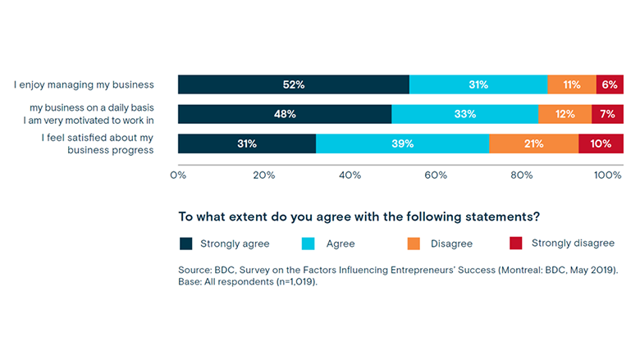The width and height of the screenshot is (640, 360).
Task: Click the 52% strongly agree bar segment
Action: tap(294, 84)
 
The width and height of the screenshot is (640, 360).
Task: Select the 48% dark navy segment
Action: tap(285, 114)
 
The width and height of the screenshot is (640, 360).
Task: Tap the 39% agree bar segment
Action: tap(402, 144)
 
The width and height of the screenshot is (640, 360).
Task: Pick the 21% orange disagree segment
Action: tap(533, 144)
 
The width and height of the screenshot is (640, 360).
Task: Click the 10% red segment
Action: tap(601, 144)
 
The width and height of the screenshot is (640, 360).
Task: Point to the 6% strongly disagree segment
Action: tap(610, 84)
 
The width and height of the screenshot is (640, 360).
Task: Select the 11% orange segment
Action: tap(572, 84)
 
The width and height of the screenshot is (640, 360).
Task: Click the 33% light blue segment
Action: tap(464, 114)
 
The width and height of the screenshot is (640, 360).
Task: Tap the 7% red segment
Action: tap(607, 114)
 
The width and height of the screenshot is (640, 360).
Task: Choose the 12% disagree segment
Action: tap(565, 114)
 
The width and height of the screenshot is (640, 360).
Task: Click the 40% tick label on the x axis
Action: tap(350, 175)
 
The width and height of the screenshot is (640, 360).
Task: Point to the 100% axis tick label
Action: tap(608, 175)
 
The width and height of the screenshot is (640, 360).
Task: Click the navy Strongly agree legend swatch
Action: tap(186, 244)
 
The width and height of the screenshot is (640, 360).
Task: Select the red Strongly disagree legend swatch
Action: tap(516, 244)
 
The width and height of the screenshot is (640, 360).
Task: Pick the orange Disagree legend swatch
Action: tap(414, 244)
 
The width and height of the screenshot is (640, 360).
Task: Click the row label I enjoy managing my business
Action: tap(84, 84)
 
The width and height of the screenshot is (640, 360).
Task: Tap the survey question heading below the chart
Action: tap(359, 217)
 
